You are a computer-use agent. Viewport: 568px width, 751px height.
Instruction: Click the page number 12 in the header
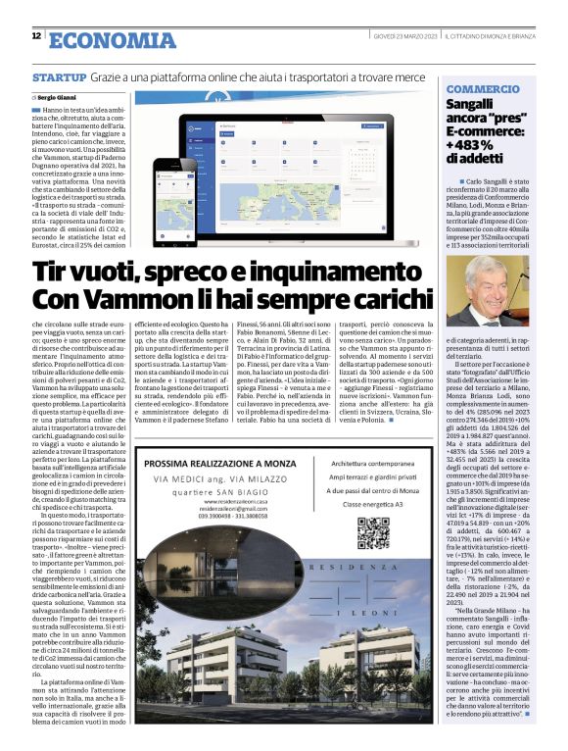click(36, 36)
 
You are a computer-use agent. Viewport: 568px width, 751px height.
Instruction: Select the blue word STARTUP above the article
click(60, 76)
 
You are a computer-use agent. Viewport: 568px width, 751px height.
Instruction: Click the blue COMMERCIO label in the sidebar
click(482, 88)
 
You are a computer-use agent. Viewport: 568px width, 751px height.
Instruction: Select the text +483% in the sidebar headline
click(471, 143)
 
